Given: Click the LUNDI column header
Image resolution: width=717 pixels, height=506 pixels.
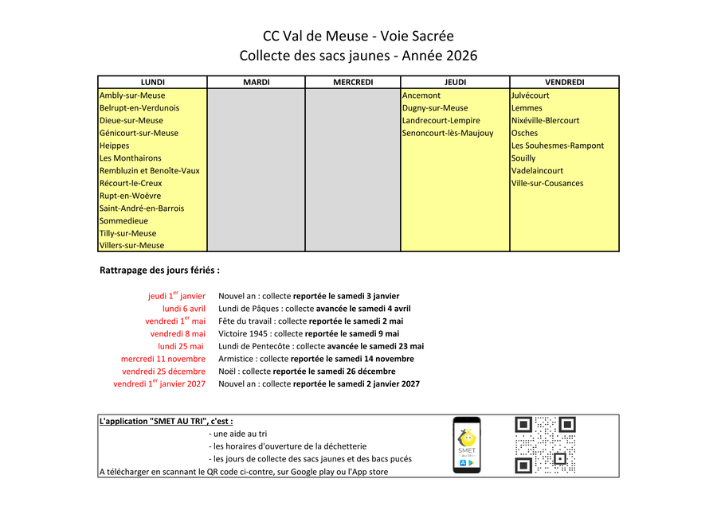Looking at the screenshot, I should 152,82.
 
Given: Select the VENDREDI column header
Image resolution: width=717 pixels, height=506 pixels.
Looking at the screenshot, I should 564,82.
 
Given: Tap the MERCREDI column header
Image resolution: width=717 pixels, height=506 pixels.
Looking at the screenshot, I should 353,82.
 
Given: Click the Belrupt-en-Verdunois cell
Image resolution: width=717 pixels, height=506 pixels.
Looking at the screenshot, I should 139,108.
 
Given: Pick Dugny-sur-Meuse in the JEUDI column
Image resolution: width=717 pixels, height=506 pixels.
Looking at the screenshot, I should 435,108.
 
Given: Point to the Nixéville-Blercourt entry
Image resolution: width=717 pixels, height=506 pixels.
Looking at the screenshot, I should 545,121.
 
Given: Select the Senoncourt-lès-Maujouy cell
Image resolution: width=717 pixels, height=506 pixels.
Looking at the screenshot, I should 448,133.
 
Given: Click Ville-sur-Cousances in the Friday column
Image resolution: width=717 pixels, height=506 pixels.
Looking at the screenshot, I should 547,183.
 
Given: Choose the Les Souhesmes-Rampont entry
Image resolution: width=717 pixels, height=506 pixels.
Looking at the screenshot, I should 558,146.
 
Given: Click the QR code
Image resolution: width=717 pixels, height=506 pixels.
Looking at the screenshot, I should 545,445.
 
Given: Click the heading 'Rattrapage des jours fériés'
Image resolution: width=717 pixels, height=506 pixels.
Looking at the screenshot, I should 159,271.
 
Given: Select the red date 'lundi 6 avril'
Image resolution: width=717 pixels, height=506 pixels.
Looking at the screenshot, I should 184,309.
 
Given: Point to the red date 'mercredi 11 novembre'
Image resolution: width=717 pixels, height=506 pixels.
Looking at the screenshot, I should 163,359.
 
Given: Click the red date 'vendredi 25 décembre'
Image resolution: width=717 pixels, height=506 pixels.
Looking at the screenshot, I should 163,372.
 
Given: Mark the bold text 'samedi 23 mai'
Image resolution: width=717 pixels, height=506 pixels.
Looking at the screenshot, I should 399,346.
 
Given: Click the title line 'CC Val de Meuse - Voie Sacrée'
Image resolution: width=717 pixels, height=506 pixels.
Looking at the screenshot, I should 358,36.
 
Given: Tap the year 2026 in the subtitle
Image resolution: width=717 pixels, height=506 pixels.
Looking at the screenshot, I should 461,56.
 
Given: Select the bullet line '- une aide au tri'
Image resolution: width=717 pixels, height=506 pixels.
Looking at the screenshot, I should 237,434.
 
